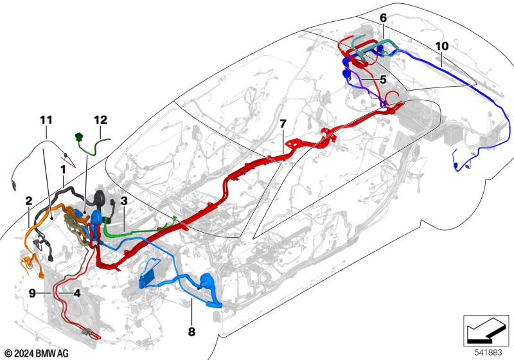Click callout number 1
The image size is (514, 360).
(x=63, y=170)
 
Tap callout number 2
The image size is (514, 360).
(x=29, y=201)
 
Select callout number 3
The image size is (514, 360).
(x=123, y=201)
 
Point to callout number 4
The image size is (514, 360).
(x=76, y=292)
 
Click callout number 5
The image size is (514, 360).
(x=383, y=79)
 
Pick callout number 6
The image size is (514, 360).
(x=383, y=18)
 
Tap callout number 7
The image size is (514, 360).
(x=283, y=123)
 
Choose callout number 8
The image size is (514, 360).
(x=191, y=332)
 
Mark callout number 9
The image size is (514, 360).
(x=32, y=292)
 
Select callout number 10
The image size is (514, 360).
(x=441, y=46)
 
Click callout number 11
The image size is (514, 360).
(x=46, y=120)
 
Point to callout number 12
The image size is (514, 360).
(x=101, y=120)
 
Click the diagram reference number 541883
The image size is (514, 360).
(x=488, y=352)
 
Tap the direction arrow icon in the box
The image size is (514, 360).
(x=486, y=330)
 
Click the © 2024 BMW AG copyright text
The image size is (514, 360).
(x=37, y=354)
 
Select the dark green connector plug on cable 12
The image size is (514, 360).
(x=78, y=136)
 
